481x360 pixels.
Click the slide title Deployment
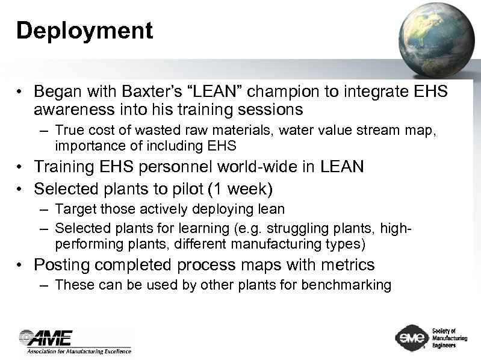click(x=84, y=31)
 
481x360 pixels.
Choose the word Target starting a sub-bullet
click(x=74, y=209)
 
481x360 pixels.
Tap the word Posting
click(x=62, y=265)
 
